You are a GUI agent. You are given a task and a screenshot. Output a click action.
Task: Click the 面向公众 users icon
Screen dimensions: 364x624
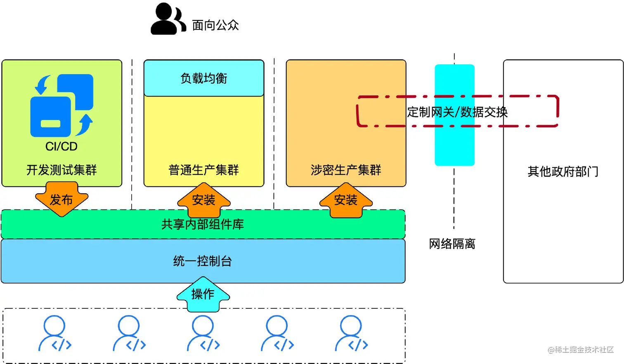[x=168, y=19]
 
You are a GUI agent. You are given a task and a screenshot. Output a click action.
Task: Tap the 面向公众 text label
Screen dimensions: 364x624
[x=215, y=25]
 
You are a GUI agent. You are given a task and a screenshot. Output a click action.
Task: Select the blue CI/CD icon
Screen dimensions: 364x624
[x=62, y=106]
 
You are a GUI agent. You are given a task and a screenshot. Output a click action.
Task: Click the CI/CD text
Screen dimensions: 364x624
[x=61, y=146]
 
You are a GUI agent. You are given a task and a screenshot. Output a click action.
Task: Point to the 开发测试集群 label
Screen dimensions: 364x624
[x=61, y=170]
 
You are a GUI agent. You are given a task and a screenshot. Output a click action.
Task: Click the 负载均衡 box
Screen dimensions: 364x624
[x=204, y=78]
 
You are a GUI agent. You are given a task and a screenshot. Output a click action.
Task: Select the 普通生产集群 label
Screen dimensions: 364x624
[x=204, y=170]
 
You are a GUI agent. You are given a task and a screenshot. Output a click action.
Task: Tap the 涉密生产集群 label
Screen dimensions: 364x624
[x=346, y=170]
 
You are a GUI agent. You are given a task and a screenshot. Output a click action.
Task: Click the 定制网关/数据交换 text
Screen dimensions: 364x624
[x=457, y=112]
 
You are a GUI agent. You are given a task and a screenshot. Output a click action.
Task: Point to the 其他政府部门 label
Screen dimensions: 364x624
[x=563, y=171]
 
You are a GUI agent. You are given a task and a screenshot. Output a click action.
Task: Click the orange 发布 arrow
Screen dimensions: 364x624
[x=61, y=200]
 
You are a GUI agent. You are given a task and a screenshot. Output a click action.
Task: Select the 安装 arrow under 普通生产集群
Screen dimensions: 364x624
[x=204, y=200]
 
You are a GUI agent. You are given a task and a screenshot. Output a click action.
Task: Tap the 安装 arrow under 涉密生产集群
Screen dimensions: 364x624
[x=346, y=200]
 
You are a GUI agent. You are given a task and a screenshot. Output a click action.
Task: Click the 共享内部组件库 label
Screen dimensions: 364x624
[x=203, y=224]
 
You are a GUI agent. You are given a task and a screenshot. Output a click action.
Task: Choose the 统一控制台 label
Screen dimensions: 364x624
[x=203, y=261]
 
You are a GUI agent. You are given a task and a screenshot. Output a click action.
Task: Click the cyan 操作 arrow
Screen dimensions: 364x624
[x=203, y=294]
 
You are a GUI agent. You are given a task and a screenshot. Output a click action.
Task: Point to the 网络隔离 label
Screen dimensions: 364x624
[x=452, y=244]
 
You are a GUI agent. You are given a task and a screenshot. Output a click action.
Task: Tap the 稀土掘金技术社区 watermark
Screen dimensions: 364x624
[x=581, y=350]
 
